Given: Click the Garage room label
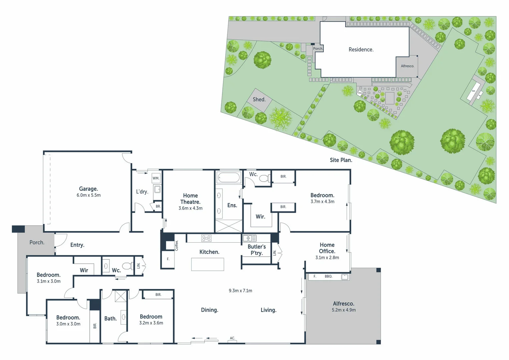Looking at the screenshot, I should point(88,189).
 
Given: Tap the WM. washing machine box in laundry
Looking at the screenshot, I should point(156,178).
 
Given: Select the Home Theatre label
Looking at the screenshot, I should point(190,199).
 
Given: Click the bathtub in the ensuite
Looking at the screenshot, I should point(229,178).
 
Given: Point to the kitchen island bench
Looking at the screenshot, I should point(207,264).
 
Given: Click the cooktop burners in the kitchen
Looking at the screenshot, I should point(206,238).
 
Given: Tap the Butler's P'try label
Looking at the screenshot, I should point(257,250).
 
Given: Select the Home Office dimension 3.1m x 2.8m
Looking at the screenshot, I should point(327,258).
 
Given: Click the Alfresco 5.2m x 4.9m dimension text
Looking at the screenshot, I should point(343,310).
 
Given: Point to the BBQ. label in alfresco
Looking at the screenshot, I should point(328,276).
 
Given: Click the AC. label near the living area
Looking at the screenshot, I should point(232,338).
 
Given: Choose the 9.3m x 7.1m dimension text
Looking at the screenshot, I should point(240,291).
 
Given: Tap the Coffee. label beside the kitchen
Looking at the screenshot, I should point(177,245).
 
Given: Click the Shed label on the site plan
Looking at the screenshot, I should point(259,99).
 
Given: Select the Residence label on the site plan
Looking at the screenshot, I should point(361,49).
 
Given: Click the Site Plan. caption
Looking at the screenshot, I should point(341,160).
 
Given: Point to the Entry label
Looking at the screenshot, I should point(77,245).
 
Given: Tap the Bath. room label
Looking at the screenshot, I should point(110,318).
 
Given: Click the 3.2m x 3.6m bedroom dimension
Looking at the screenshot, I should point(151,323).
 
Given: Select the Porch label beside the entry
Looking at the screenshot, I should point(37,242).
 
